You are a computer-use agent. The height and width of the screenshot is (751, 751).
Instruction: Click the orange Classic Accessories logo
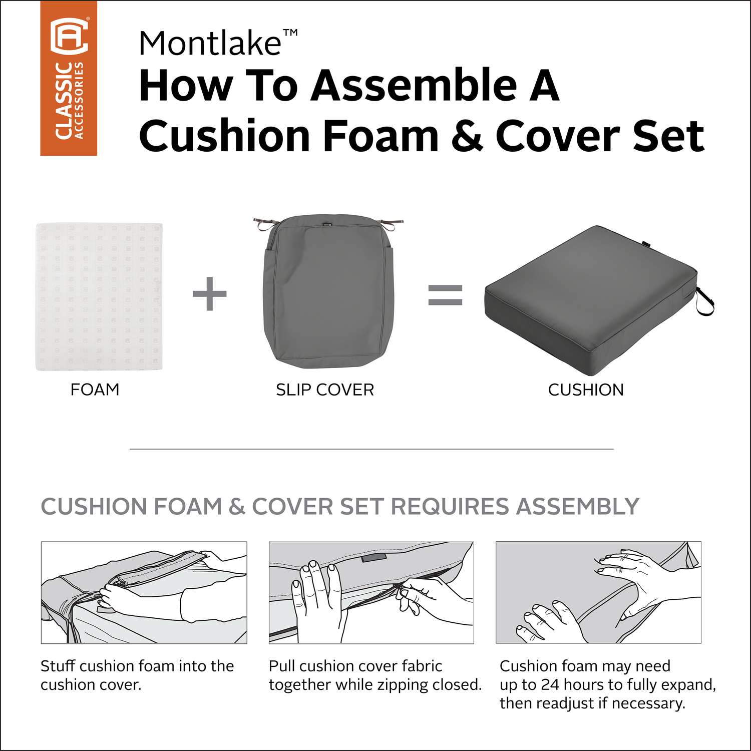click(x=69, y=78)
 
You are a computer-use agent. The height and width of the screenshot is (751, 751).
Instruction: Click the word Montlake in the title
click(x=209, y=43)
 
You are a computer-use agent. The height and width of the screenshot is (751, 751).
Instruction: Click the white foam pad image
click(x=99, y=297)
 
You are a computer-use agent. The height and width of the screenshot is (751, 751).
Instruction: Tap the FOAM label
click(x=95, y=390)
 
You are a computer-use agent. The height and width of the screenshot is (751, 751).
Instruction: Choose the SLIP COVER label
click(x=325, y=390)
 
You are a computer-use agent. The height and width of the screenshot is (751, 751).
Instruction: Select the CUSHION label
click(x=586, y=390)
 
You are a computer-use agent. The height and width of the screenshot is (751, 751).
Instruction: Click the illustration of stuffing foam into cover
click(x=144, y=592)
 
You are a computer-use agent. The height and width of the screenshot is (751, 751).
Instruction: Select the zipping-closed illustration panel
click(x=371, y=592)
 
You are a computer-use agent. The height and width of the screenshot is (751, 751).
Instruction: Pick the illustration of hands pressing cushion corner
click(x=598, y=592)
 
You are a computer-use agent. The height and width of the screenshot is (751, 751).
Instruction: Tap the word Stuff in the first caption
click(x=58, y=666)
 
